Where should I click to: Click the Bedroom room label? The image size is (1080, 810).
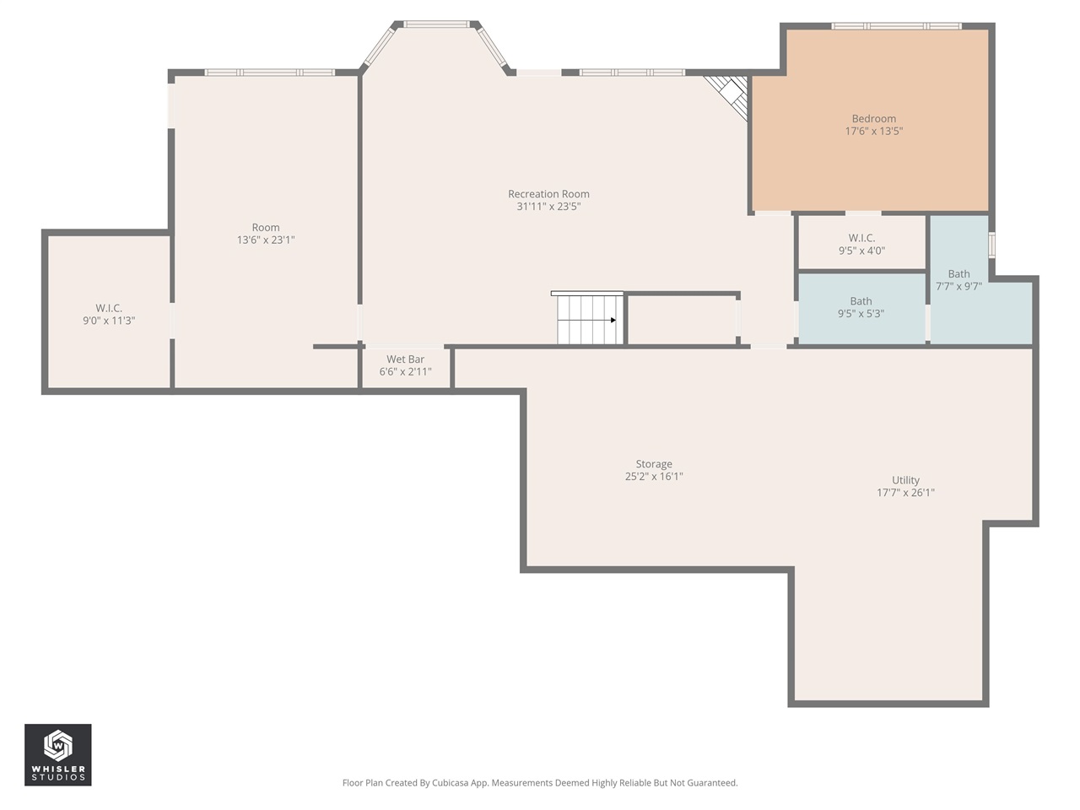(x=873, y=119)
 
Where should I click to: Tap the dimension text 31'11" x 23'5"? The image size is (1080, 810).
(x=548, y=207)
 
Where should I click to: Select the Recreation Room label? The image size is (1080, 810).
(x=548, y=194)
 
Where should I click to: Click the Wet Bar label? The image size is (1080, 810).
(x=405, y=359)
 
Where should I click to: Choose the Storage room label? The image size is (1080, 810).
(x=654, y=464)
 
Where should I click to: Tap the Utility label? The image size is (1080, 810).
(x=905, y=480)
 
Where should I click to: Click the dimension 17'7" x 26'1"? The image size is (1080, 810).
(x=905, y=493)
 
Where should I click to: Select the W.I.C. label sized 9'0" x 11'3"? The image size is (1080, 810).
(x=109, y=309)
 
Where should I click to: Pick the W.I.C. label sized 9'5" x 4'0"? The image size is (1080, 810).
(x=861, y=239)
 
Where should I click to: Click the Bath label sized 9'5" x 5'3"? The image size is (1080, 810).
(x=861, y=301)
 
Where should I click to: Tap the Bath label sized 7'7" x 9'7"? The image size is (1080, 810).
(x=958, y=274)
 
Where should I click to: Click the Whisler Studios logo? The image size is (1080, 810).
(x=57, y=754)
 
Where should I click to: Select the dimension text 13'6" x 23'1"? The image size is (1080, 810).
(x=266, y=240)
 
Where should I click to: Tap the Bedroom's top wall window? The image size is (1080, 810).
(x=895, y=26)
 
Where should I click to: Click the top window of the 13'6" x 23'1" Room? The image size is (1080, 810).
(x=270, y=73)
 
